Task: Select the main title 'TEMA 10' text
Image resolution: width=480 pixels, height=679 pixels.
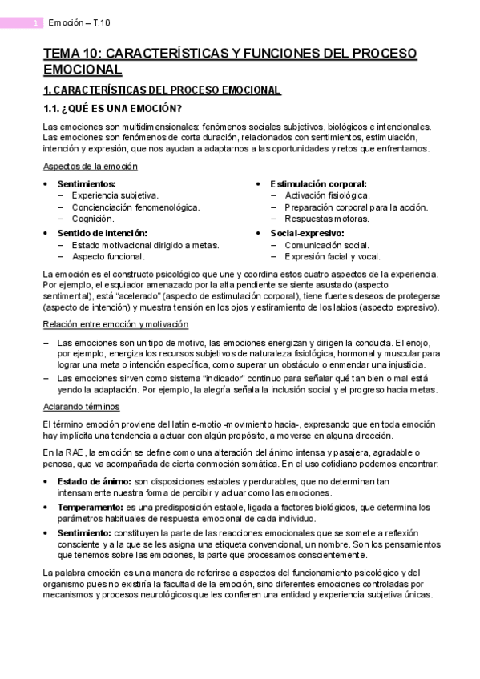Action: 72,54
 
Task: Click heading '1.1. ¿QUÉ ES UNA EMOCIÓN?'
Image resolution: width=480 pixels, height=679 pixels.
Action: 112,109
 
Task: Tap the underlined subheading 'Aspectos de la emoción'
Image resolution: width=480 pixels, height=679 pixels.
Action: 90,166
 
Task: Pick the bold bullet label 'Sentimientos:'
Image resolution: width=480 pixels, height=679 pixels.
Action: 87,183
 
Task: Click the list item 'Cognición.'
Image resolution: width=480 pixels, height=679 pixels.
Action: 93,218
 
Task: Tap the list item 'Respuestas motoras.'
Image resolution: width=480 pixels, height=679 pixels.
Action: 326,218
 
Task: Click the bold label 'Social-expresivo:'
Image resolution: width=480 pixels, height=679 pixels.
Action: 307,232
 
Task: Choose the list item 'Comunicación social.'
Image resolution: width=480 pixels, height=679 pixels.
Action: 326,245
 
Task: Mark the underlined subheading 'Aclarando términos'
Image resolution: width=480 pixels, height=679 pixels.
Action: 81,406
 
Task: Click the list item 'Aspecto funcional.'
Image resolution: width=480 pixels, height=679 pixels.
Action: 108,256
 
